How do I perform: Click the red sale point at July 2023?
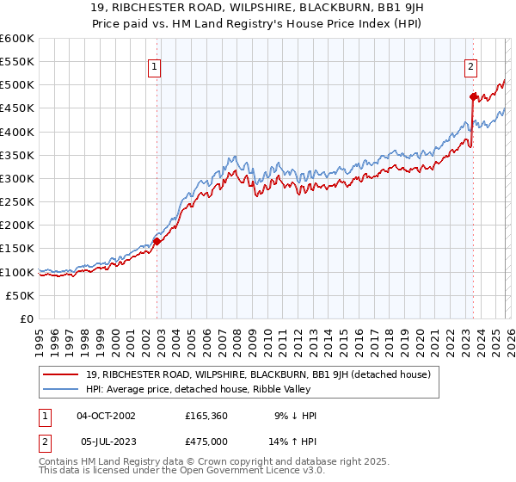(x=473, y=97)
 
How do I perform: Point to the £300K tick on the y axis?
(x=19, y=179)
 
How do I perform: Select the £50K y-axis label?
(x=21, y=295)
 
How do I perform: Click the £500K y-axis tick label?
(x=19, y=85)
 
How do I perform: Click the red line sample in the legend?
(x=62, y=374)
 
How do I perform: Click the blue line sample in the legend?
(x=62, y=389)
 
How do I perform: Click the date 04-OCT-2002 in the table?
(x=106, y=416)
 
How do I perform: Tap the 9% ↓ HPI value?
(x=294, y=416)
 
